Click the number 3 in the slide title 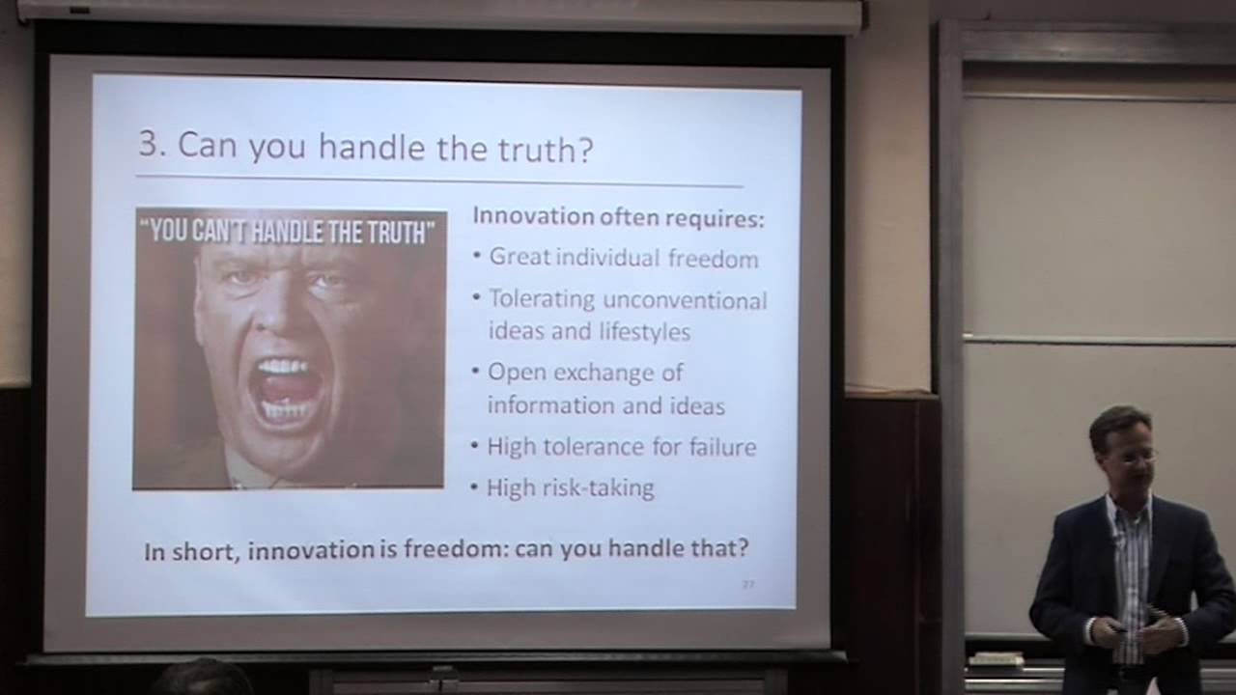click(147, 145)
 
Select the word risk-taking click(597, 487)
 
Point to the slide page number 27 click(747, 584)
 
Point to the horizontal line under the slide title click(439, 181)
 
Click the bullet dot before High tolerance click(475, 446)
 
